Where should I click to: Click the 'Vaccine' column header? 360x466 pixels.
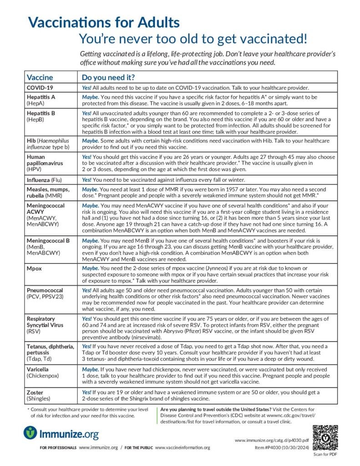(x=40, y=77)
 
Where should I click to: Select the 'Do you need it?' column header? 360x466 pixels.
(x=108, y=77)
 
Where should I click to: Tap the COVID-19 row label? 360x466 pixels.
(x=40, y=87)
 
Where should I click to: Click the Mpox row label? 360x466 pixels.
(x=35, y=268)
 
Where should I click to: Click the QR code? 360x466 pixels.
(x=325, y=437)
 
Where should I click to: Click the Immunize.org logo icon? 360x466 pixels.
(x=30, y=433)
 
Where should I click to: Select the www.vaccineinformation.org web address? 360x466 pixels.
(x=183, y=448)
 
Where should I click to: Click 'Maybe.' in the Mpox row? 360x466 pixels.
(x=90, y=268)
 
